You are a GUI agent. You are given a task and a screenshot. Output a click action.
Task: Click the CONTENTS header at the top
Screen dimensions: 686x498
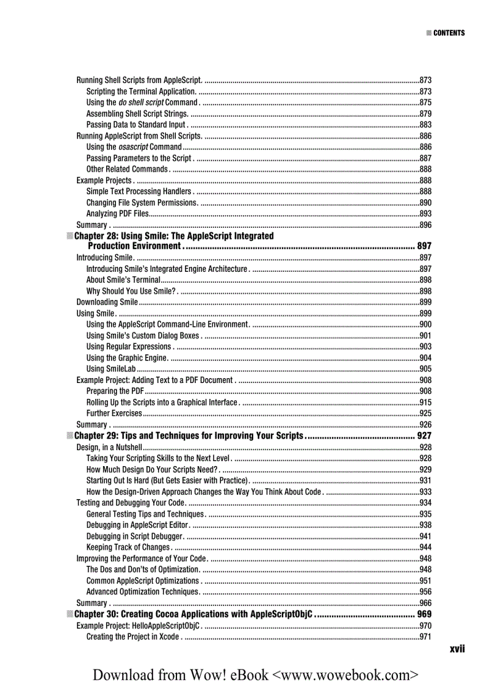[449, 33]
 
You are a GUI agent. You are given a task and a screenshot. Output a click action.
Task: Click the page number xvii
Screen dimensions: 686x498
[457, 649]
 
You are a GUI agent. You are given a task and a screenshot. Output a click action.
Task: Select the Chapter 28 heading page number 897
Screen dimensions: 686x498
[424, 246]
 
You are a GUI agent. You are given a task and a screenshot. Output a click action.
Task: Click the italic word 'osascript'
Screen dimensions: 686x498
[133, 147]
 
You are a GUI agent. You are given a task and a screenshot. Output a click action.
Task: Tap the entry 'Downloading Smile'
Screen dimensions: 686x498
[107, 302]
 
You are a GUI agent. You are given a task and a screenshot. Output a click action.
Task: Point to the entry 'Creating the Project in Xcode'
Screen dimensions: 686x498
[132, 637]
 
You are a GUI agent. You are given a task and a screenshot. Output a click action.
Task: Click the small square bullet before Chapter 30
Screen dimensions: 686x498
[70, 614]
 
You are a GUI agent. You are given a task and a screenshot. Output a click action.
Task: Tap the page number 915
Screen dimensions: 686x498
[426, 403]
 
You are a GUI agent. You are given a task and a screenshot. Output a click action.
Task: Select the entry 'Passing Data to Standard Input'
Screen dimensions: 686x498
[136, 125]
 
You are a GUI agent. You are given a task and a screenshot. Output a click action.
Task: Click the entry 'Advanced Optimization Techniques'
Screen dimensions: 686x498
[142, 592]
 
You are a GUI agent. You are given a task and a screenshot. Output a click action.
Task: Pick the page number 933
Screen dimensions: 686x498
[426, 492]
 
